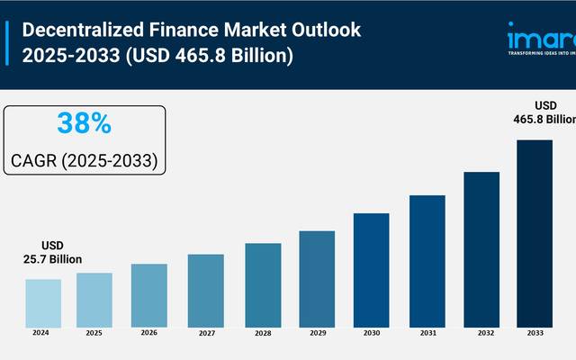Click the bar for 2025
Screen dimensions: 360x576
[x=94, y=299]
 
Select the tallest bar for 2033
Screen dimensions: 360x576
[x=535, y=231]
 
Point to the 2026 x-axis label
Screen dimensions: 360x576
[x=148, y=333]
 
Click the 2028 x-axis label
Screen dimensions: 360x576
[x=262, y=333]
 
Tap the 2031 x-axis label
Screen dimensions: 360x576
[x=426, y=333]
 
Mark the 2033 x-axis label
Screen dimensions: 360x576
[x=535, y=333]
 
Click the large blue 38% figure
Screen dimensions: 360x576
[x=84, y=123]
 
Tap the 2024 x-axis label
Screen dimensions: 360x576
[x=40, y=333]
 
